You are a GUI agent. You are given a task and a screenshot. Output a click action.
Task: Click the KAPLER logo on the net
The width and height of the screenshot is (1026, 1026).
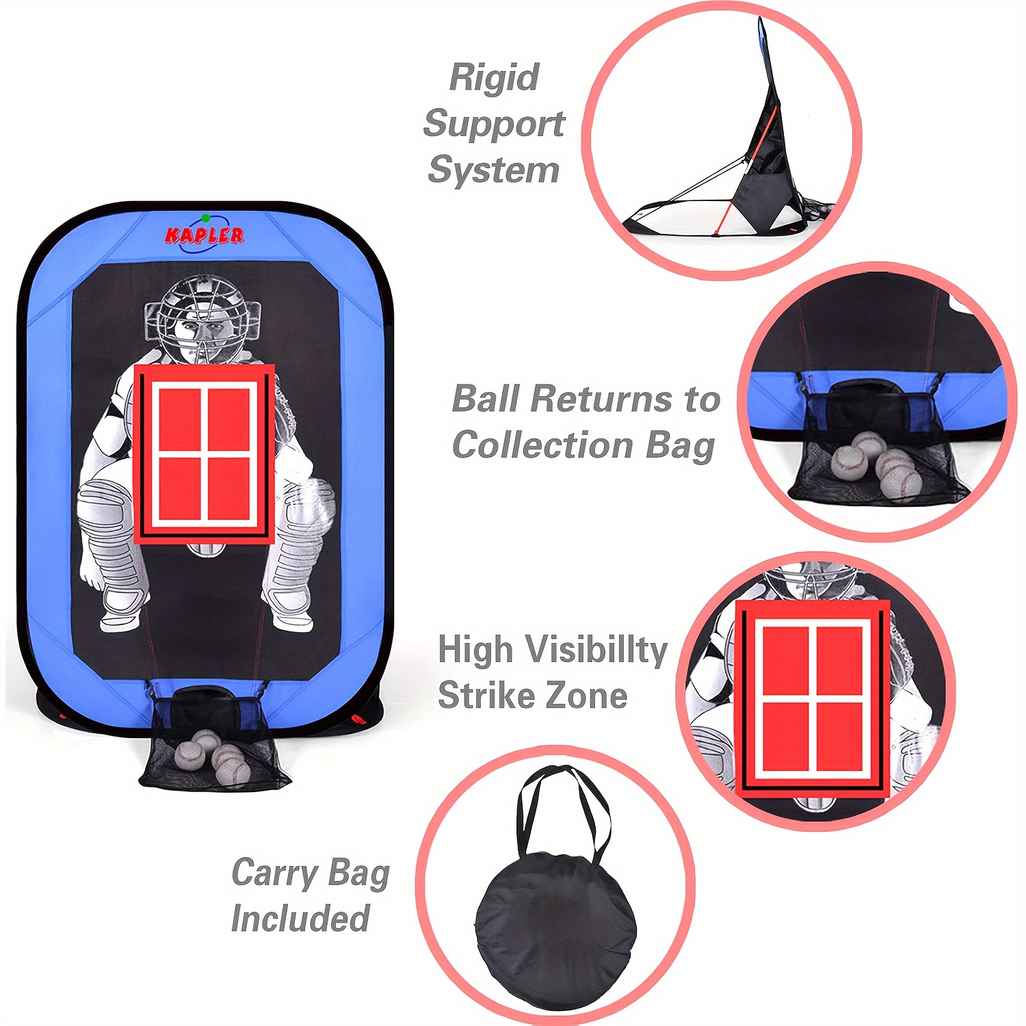(x=204, y=235)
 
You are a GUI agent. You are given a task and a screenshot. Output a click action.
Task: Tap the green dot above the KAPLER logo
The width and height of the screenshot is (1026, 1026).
(x=205, y=218)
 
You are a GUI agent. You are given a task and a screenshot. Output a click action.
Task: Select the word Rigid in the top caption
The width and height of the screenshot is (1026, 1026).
(x=494, y=78)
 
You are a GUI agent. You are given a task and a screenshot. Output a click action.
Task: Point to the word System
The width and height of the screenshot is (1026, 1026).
(x=493, y=170)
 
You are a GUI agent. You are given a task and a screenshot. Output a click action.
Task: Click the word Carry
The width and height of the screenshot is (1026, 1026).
(x=276, y=873)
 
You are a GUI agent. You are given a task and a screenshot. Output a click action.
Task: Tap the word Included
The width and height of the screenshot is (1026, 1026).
(x=300, y=918)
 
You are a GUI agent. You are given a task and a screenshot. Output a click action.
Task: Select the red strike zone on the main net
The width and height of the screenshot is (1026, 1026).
(x=204, y=454)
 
